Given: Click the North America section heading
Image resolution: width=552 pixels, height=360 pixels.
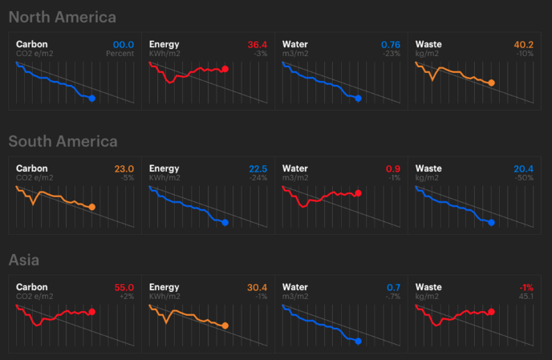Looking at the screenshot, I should tap(62, 17).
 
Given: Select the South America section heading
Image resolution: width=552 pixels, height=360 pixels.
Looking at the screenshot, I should tap(63, 141).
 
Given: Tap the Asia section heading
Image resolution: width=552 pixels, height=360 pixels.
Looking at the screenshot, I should tap(24, 260).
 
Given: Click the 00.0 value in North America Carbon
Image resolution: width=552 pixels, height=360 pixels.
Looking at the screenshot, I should tap(124, 44).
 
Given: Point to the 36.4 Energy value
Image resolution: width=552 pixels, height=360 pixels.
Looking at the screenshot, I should tap(258, 44).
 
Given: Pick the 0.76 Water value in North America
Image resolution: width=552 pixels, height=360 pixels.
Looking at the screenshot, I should tap(391, 44).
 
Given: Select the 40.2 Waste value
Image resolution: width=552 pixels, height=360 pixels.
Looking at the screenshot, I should tap(523, 44).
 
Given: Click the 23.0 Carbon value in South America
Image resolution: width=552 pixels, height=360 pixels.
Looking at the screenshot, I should tap(124, 168).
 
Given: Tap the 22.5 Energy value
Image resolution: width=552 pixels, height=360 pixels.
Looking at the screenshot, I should tap(258, 168).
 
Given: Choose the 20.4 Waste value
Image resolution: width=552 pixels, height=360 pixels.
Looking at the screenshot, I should tap(523, 168).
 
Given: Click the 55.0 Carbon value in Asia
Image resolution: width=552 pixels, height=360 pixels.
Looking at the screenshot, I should tap(124, 287).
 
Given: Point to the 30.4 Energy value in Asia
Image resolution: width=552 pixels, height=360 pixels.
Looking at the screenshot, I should tap(258, 287).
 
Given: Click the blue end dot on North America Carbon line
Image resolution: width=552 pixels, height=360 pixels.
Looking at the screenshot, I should tap(92, 99).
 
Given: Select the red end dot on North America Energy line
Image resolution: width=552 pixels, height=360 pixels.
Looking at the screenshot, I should tap(225, 69).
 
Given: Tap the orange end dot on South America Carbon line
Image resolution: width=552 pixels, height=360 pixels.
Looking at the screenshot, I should tap(92, 207).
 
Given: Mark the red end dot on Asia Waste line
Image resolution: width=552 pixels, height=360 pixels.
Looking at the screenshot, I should tap(491, 312).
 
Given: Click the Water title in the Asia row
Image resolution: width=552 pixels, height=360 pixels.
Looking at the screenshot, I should tap(297, 287).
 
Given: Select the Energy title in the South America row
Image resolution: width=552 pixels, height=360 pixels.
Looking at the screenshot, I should tap(164, 168).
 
